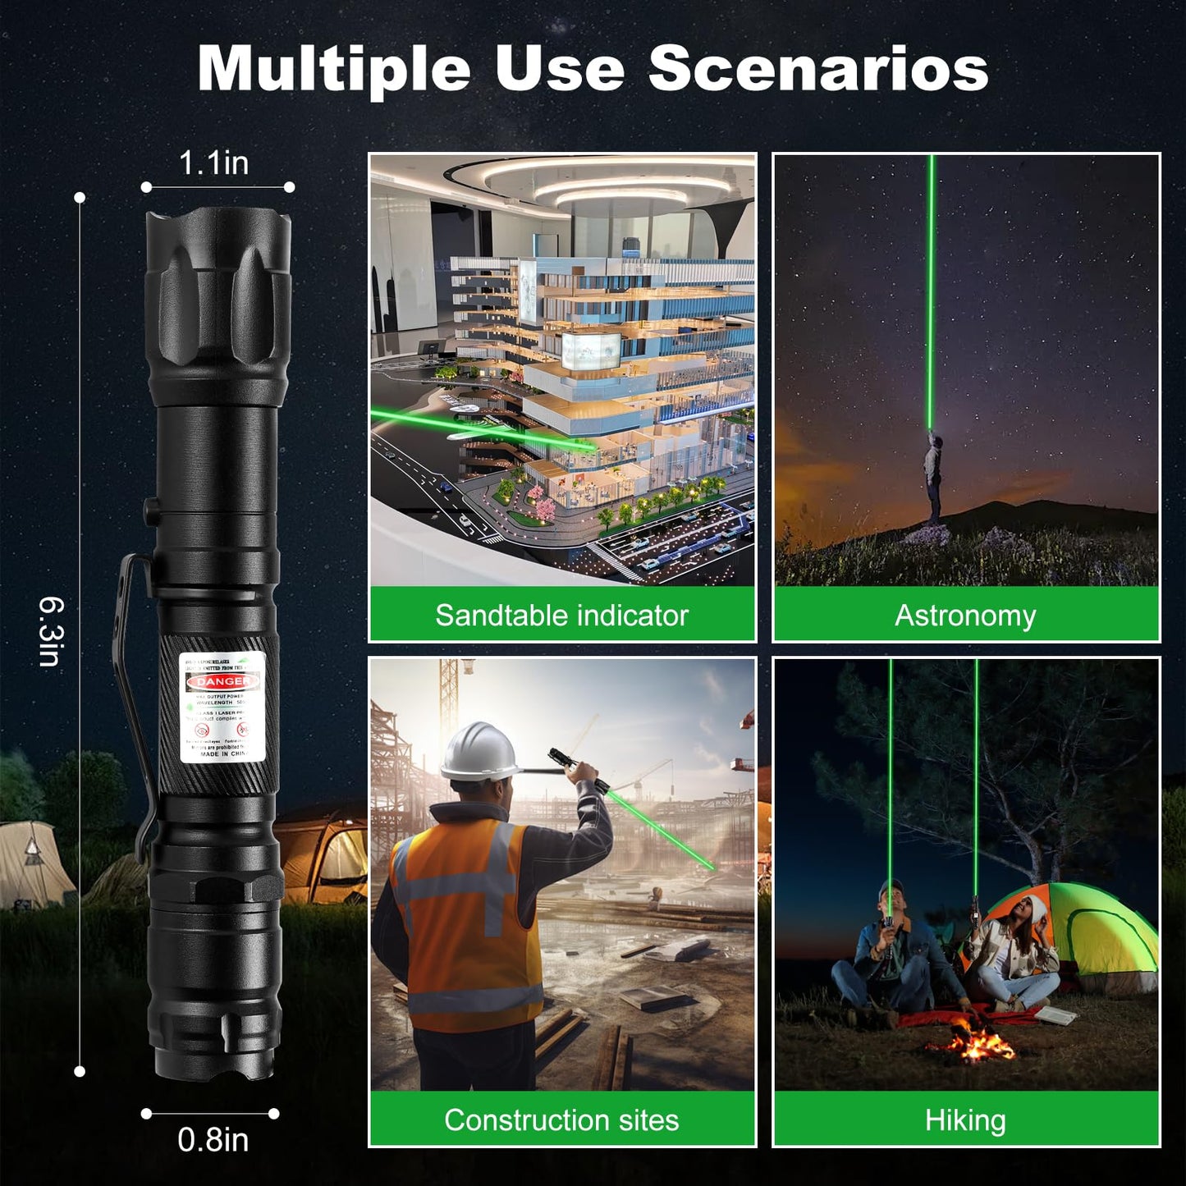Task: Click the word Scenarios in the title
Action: point(818,69)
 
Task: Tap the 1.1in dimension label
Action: point(213,163)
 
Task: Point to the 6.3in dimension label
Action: point(51,632)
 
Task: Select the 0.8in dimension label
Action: point(213,1140)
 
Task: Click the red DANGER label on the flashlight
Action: point(222,682)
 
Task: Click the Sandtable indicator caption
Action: point(561,615)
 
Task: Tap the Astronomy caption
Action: point(965,615)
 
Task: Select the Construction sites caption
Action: point(561,1120)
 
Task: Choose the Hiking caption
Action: point(965,1120)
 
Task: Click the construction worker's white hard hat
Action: point(479,752)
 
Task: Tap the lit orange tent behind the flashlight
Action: point(328,858)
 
